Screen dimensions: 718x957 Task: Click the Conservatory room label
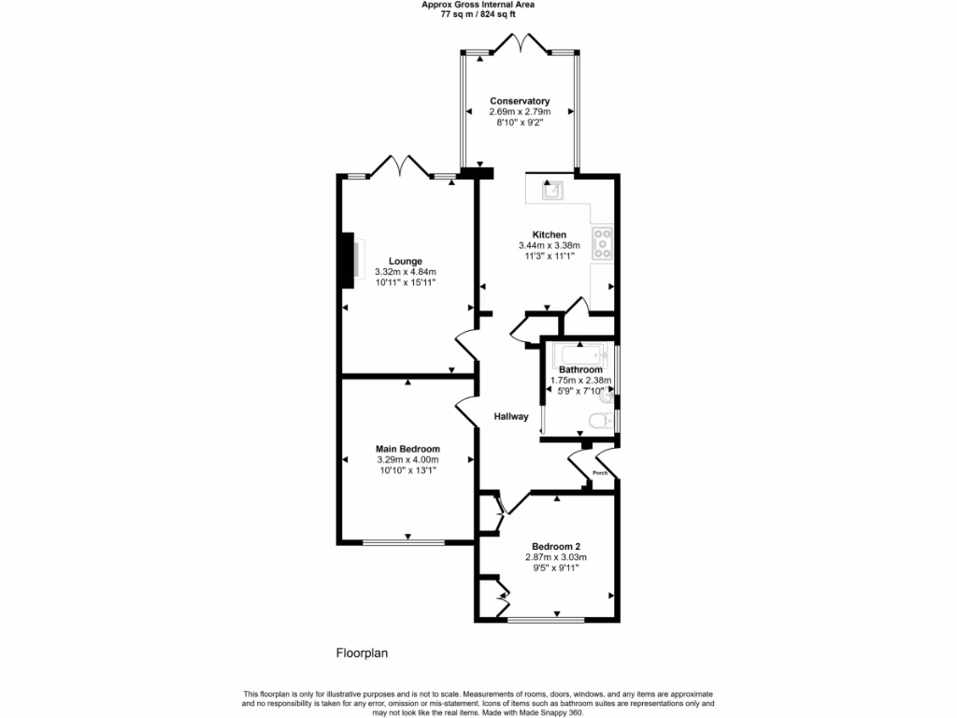pos(520,101)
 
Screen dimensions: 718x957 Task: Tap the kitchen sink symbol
pos(551,192)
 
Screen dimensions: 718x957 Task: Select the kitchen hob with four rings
pos(603,243)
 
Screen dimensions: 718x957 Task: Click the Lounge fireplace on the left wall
pos(351,258)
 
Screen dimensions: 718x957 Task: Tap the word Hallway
pos(511,417)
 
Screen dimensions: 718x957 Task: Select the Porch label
pos(600,473)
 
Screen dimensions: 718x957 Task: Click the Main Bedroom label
pos(407,449)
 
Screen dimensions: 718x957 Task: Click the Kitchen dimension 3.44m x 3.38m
pos(550,245)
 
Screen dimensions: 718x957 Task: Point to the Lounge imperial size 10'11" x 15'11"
pos(406,281)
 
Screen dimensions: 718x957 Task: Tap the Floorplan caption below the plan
pos(362,653)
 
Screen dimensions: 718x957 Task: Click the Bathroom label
pos(580,370)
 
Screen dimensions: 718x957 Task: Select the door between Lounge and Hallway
pos(466,343)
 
